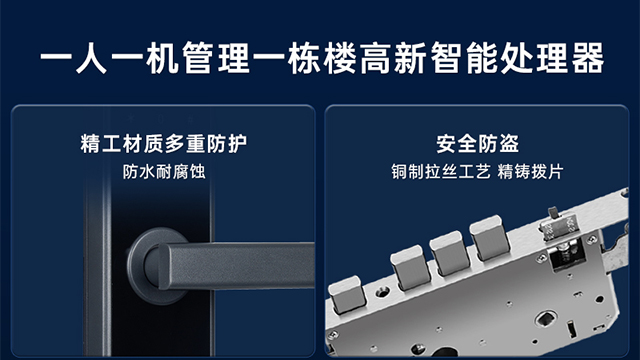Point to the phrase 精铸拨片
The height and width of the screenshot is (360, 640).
tap(536, 171)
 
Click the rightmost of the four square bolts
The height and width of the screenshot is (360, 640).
tap(490, 240)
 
